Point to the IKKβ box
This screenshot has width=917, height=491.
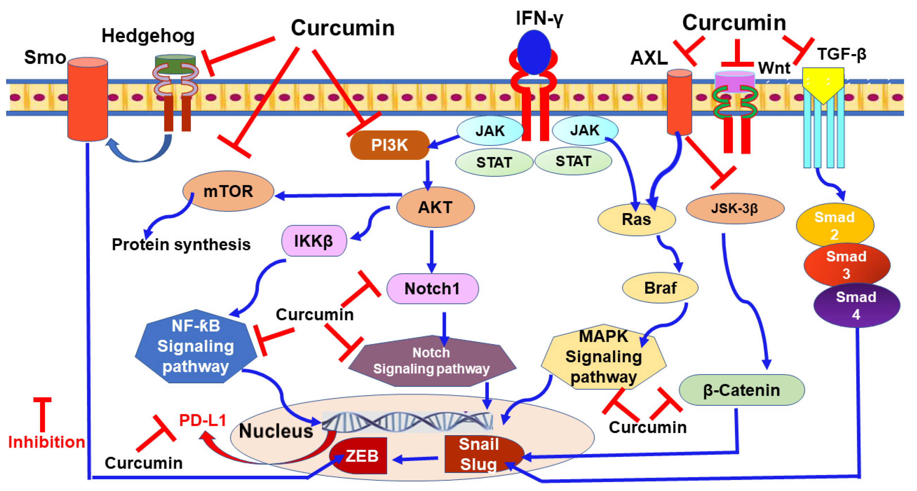click(x=314, y=241)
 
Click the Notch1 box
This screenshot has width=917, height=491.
click(x=432, y=289)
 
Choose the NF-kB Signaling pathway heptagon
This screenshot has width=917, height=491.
click(x=196, y=346)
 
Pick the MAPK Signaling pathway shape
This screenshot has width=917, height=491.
click(x=603, y=357)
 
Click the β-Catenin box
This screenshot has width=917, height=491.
click(x=741, y=390)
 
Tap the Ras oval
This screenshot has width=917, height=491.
click(x=636, y=219)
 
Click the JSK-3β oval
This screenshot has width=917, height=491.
click(x=735, y=208)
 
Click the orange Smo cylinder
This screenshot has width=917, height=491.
click(x=87, y=100)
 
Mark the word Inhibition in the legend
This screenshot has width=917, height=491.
click(x=47, y=442)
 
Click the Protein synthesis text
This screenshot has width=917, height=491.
click(x=181, y=245)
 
